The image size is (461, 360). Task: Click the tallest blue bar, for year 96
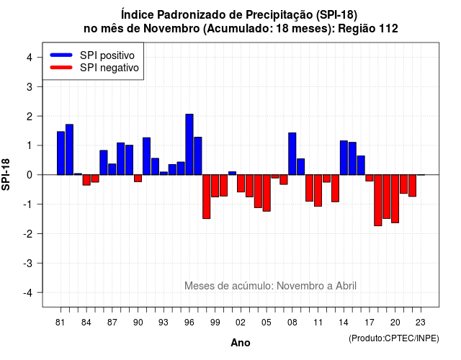coord(189,144)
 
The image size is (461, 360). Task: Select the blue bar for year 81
coord(61,153)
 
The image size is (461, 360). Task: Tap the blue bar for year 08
coord(292,153)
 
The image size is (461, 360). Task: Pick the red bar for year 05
coord(267,193)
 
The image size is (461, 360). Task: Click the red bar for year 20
coord(395,199)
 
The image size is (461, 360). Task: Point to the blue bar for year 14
coord(344,158)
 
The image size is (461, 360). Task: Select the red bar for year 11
coord(318,190)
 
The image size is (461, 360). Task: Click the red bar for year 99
coord(215,186)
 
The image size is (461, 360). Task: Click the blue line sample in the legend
coord(61,55)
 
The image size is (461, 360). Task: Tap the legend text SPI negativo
coord(109,68)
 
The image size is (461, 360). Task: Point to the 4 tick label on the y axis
coord(30,58)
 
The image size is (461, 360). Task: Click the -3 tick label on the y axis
coord(27,263)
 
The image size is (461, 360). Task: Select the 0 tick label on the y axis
coord(30,175)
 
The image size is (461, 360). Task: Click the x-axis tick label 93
coord(164,323)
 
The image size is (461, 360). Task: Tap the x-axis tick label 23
coord(421,323)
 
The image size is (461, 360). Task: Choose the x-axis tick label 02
coord(241,323)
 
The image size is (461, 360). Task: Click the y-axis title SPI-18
coord(6,174)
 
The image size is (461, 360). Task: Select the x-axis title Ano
coord(241,343)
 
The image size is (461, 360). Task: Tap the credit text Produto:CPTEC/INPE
coord(394,338)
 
